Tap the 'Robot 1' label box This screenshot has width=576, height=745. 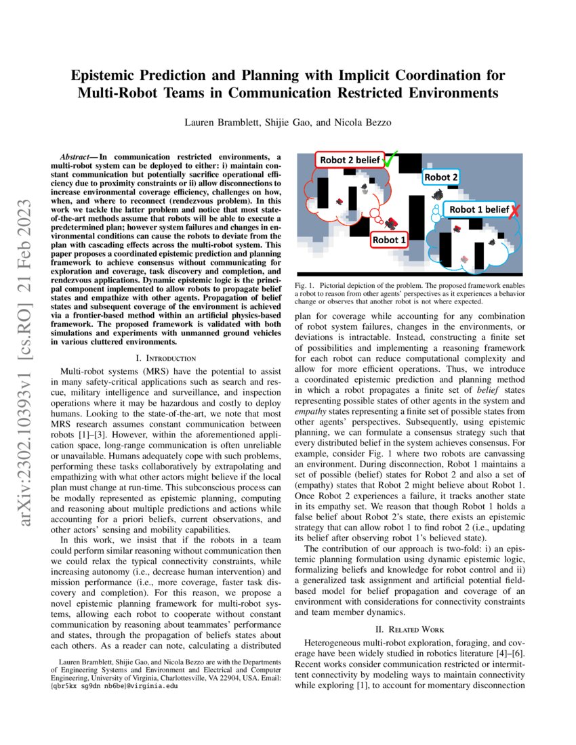click(x=390, y=239)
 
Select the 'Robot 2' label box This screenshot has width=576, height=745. click(x=441, y=177)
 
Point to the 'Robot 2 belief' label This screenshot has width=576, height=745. click(x=348, y=161)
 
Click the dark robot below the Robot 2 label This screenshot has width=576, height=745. click(x=438, y=194)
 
